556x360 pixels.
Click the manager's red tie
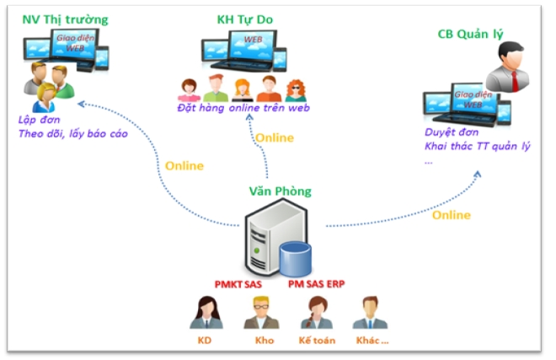click(515, 79)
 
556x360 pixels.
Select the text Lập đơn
click(35, 120)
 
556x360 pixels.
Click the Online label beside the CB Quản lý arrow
click(451, 215)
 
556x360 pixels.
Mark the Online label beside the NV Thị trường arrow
click(184, 165)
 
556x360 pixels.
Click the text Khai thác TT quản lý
click(477, 147)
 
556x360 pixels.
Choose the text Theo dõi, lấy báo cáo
click(72, 133)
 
